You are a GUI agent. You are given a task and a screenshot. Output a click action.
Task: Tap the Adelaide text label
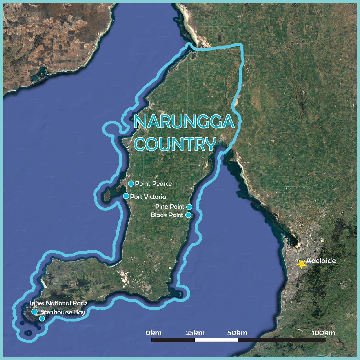pos(321,261)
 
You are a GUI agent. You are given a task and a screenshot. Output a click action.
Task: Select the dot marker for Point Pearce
pos(131,184)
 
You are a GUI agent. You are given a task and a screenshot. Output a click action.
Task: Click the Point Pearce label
pos(153,184)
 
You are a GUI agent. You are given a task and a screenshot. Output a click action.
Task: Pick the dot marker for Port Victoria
pos(126,196)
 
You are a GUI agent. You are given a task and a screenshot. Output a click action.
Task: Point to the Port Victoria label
pos(148,197)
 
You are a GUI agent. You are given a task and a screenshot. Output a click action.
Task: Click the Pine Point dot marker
pos(190,207)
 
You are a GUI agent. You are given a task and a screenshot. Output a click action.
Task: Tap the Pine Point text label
pos(169,207)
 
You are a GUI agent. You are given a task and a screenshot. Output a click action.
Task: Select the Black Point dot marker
pos(188,215)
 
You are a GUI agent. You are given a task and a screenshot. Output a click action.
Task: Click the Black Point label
pos(167,215)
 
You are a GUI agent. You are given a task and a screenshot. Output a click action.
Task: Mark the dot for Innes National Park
pos(34,312)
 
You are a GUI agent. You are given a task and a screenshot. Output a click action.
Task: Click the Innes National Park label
pos(58,303)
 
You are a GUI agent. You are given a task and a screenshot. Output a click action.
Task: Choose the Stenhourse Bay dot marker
pos(42,319)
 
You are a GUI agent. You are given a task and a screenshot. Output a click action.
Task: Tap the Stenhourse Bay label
pos(64,312)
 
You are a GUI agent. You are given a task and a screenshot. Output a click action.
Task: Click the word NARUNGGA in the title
pos(184,122)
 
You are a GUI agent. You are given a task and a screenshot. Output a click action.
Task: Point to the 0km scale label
pos(154,333)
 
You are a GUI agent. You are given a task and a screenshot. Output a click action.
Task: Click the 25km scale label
pos(195,333)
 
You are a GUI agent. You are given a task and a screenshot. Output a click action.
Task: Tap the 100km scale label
pos(323,333)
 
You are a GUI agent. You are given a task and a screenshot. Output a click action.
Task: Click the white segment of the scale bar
pos(216,340)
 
